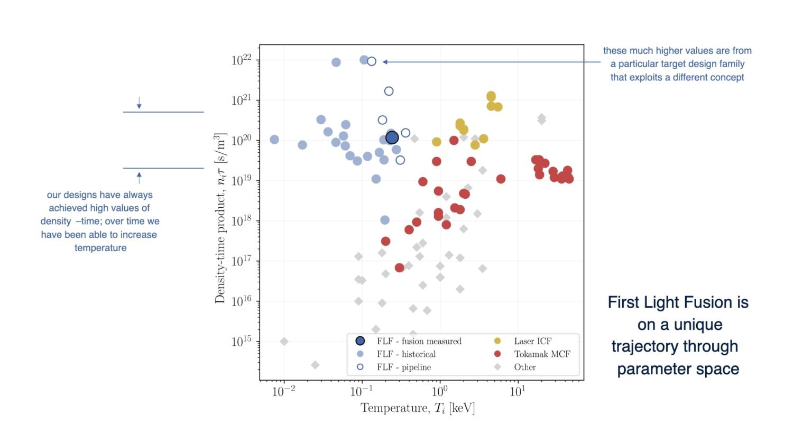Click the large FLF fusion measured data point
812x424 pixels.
pos(392,138)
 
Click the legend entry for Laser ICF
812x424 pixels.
pos(532,342)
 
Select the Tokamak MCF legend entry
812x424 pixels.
pos(541,354)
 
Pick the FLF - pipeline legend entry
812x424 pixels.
pos(403,367)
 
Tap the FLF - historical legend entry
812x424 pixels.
pos(405,354)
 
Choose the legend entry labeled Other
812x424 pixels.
pos(524,367)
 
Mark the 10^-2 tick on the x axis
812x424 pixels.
pos(284,392)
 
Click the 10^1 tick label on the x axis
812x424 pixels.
pos(517,392)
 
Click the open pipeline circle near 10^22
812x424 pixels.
pos(372,61)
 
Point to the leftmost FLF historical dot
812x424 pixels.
pos(274,140)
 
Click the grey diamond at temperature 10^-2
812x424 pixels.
pos(284,342)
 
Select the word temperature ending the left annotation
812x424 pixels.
pos(100,248)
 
